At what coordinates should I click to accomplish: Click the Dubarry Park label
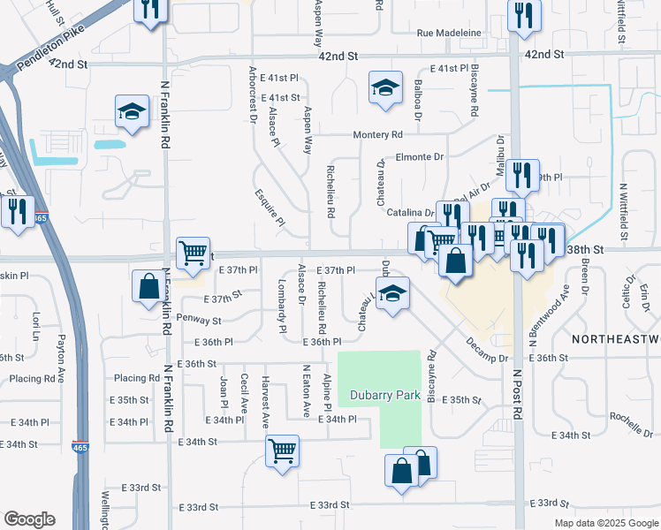[384, 395]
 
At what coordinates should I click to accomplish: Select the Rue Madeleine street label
[449, 33]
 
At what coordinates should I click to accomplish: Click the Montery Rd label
[377, 135]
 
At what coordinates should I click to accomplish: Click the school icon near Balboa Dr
[385, 87]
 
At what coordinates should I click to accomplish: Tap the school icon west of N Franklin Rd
[132, 111]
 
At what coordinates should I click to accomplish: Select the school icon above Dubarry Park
[391, 294]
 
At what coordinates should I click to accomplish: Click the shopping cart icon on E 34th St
[282, 450]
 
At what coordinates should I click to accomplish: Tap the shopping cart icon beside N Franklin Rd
[193, 253]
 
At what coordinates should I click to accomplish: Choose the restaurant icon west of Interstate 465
[17, 212]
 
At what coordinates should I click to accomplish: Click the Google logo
[29, 519]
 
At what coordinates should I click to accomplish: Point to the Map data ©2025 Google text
[606, 523]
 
